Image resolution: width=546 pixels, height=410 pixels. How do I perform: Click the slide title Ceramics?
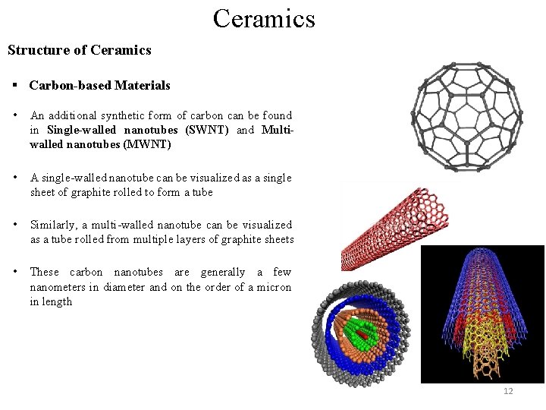pyautogui.click(x=263, y=17)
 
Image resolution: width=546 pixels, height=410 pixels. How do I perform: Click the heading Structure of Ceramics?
pyautogui.click(x=80, y=50)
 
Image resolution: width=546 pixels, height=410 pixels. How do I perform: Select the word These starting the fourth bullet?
pyautogui.click(x=44, y=272)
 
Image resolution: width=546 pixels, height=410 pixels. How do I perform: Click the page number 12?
pyautogui.click(x=507, y=391)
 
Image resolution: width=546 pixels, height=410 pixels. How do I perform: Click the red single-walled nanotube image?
pyautogui.click(x=394, y=228)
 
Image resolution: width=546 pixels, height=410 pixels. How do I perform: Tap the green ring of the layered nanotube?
pyautogui.click(x=366, y=332)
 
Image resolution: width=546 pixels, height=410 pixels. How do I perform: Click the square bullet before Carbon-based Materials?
pyautogui.click(x=14, y=86)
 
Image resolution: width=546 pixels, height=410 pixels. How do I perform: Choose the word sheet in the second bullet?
pyautogui.click(x=42, y=192)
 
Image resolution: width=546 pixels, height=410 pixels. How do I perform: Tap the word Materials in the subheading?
pyautogui.click(x=143, y=86)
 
